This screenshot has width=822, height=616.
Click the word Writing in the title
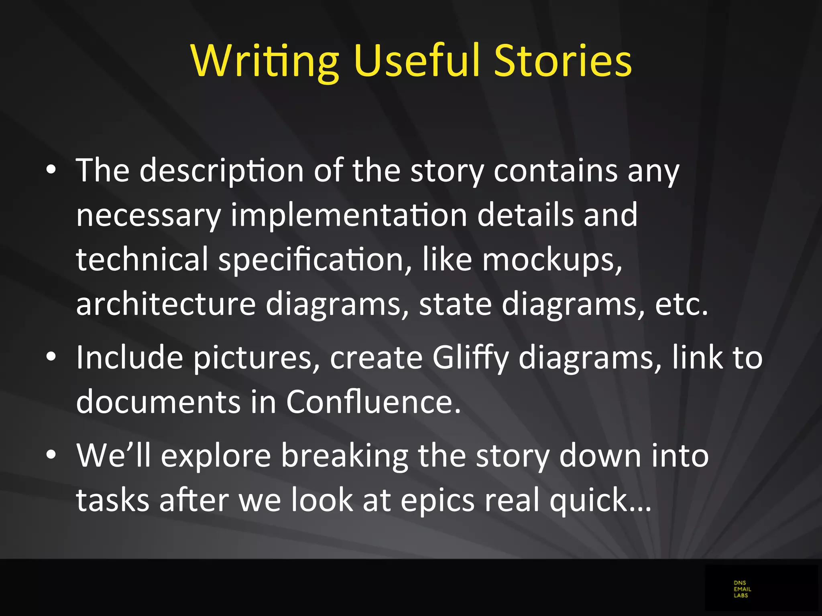coord(265,61)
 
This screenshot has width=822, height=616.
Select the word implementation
coord(349,215)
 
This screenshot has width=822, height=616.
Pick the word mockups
coord(552,260)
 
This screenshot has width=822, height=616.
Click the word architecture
coord(166,304)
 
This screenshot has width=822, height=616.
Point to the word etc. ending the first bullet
coord(682,304)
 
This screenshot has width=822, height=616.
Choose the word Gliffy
coord(470,358)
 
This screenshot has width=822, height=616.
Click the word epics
coord(437,501)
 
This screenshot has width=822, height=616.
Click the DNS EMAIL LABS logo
coord(742,589)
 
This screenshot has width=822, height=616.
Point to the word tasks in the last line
coord(113,500)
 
